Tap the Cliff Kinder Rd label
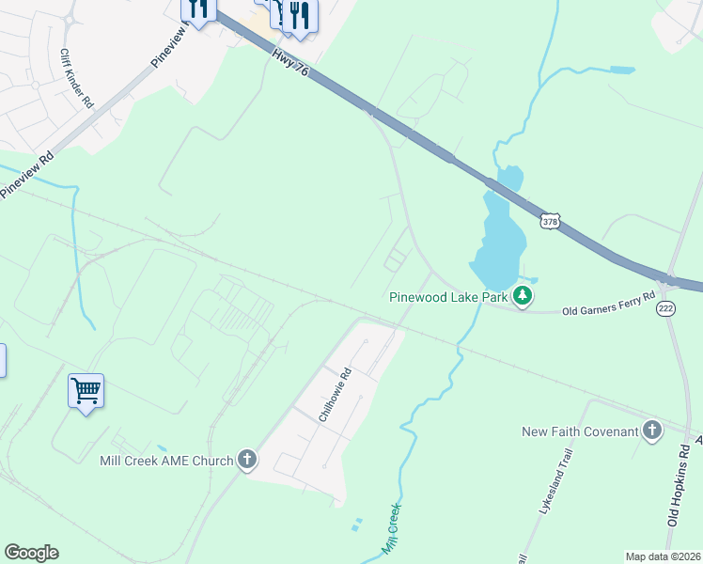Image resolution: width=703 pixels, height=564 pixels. (76, 78)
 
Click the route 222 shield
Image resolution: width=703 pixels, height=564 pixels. (666, 309)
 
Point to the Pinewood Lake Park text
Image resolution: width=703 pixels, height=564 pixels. (447, 298)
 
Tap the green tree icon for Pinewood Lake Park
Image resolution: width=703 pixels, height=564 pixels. (523, 297)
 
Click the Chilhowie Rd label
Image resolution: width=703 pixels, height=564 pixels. (336, 395)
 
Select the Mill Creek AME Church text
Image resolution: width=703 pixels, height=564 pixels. (166, 461)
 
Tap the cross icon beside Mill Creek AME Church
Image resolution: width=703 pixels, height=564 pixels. (247, 460)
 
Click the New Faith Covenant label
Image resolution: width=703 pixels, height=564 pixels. (580, 431)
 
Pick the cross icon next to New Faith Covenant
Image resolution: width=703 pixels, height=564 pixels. (652, 431)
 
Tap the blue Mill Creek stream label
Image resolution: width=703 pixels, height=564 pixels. (391, 531)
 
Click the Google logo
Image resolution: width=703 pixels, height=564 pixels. (31, 553)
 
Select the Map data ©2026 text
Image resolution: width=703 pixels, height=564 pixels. (663, 556)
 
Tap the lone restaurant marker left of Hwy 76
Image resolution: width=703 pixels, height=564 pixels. (197, 8)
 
